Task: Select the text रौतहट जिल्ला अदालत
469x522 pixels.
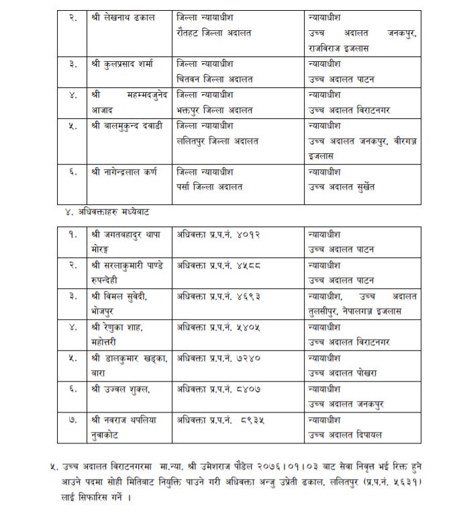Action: (x=213, y=33)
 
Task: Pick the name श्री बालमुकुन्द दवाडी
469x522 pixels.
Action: (x=127, y=126)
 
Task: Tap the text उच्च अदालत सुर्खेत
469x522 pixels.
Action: (x=341, y=187)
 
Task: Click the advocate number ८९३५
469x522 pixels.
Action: (x=252, y=420)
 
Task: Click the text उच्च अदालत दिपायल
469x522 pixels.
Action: (x=344, y=435)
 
